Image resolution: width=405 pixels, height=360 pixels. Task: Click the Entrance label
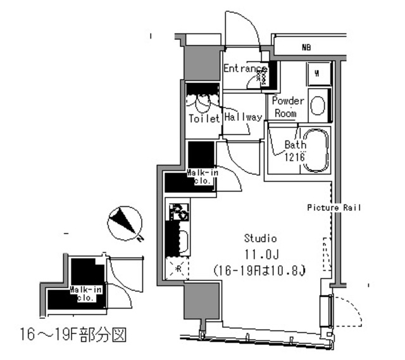point(245,68)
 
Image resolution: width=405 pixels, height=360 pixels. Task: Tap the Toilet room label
point(203,118)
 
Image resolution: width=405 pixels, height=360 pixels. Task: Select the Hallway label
point(242,117)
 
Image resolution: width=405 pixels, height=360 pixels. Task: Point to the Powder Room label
point(288,107)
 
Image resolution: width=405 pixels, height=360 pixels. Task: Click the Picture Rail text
point(334,208)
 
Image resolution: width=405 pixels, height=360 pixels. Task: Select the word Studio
point(261,239)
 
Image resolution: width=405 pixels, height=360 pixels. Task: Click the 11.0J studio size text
point(261,255)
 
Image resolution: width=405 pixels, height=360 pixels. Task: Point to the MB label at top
point(306,47)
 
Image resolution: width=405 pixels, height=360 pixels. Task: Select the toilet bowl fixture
point(203,101)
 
